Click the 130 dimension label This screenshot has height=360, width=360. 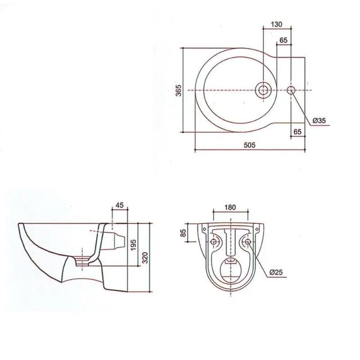(276, 24)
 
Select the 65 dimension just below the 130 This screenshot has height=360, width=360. (283, 40)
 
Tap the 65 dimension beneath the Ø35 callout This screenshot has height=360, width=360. (297, 131)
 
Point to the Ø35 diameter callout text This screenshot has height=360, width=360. (319, 120)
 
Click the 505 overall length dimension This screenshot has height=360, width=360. (249, 145)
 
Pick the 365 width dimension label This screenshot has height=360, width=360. (179, 90)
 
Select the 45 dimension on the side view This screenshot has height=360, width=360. (119, 205)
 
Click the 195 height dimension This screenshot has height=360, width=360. (133, 245)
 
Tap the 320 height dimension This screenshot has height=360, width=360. (145, 257)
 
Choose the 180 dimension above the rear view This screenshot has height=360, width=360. (230, 207)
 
